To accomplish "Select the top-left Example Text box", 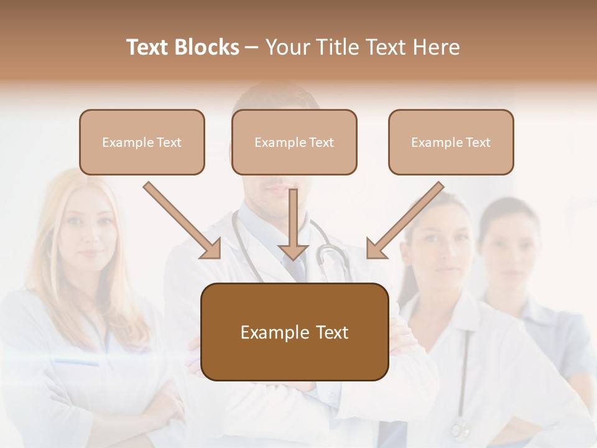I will (x=142, y=142).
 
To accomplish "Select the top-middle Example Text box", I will (x=294, y=142).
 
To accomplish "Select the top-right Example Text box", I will (x=451, y=142).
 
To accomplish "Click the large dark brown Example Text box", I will (x=294, y=332).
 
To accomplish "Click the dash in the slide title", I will (x=252, y=47).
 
